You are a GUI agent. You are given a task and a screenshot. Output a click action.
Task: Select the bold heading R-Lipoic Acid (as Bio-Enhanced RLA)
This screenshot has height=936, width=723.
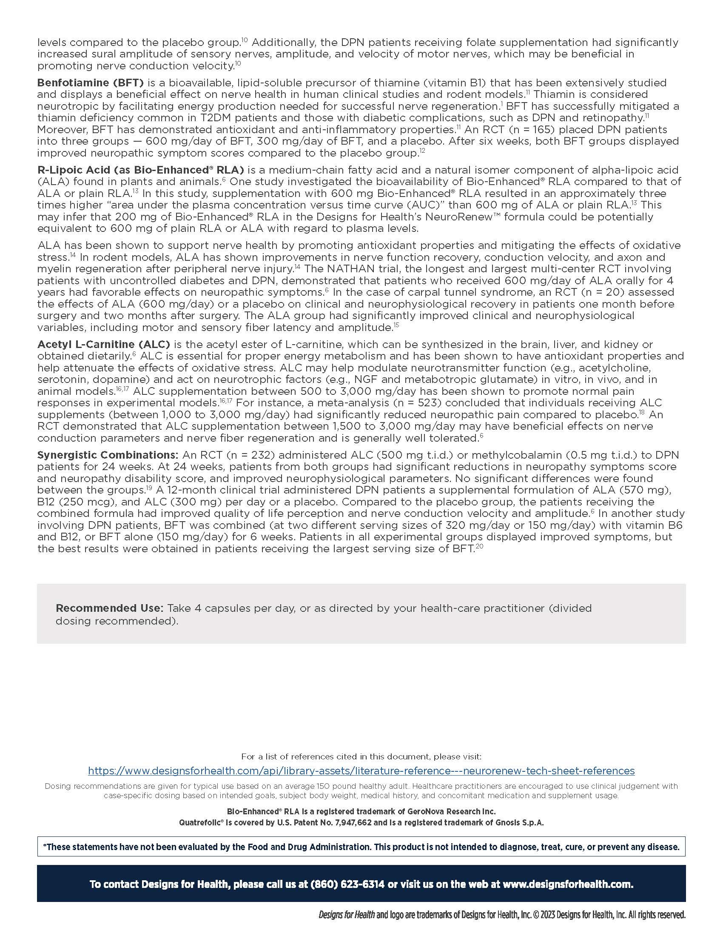[140, 170]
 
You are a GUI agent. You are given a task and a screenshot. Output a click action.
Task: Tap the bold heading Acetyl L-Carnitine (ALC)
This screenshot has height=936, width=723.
[104, 345]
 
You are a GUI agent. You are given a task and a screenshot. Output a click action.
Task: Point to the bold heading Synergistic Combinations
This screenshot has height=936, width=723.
[108, 455]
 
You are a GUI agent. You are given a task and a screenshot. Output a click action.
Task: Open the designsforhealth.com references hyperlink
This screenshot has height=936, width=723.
[361, 771]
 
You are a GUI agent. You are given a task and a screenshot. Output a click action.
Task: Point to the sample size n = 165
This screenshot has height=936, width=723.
[528, 130]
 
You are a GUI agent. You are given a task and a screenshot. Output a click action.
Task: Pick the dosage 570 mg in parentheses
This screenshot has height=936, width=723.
[643, 490]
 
